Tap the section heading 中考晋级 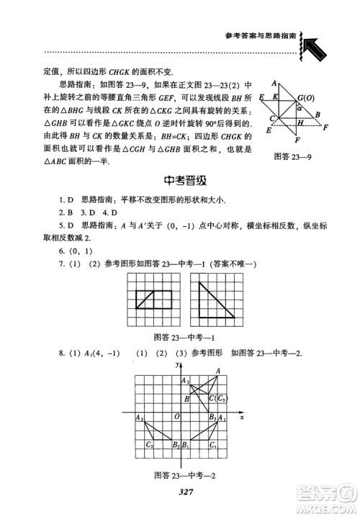[180, 181]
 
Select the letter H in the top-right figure [300, 123]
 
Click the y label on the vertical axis [176, 366]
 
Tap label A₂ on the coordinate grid [139, 417]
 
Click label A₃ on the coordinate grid [185, 380]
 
